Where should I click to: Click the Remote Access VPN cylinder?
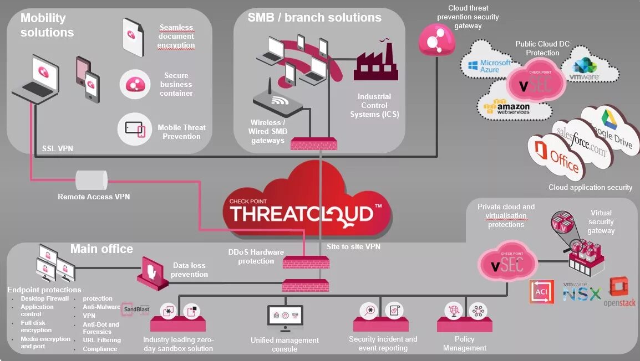(91, 180)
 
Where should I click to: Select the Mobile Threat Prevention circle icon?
(135, 128)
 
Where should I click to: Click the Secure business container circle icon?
(135, 84)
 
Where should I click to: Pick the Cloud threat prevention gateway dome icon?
(437, 38)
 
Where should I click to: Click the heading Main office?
(101, 249)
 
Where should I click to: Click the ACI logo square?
(542, 291)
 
